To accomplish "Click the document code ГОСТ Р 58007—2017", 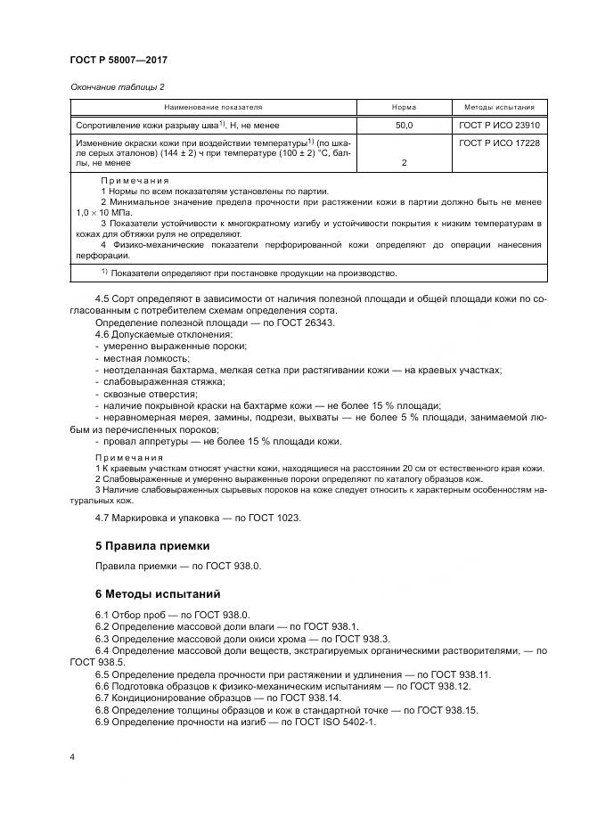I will (118, 60).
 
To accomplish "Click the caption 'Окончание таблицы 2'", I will (116, 86).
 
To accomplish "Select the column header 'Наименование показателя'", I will (212, 107).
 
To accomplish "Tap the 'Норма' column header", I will (404, 107).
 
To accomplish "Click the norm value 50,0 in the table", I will (404, 126).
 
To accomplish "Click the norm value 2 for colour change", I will (404, 164).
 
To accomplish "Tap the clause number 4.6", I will (102, 333).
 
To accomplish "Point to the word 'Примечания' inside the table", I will (135, 181).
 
